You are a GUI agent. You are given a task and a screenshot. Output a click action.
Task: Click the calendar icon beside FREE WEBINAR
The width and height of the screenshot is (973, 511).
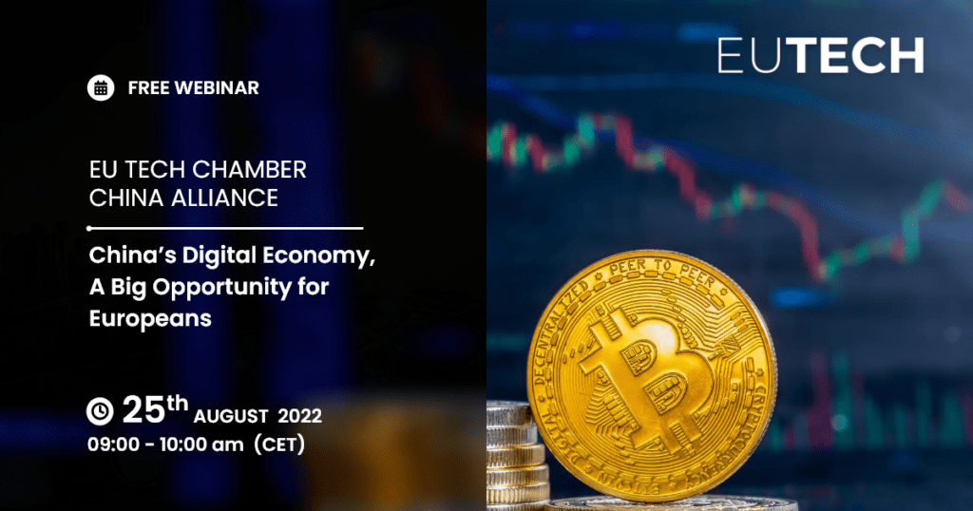101,88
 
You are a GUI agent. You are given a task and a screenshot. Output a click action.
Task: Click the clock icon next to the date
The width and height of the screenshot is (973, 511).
100,411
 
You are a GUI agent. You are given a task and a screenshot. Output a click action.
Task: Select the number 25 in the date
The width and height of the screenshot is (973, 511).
144,410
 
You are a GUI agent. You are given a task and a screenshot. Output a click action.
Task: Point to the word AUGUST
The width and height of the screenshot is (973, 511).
231,416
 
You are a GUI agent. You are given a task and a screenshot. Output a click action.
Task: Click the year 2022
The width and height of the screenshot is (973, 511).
299,416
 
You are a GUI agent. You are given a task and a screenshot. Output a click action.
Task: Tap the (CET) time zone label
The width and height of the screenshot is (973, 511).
280,444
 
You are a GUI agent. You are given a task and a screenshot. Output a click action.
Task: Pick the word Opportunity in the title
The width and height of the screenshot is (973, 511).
222,288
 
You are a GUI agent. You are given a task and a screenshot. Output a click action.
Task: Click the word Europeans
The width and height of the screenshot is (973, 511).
150,319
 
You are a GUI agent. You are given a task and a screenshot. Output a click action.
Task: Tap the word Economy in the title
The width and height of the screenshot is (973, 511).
319,255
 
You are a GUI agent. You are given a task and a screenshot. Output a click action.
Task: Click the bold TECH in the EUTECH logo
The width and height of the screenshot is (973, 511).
858,56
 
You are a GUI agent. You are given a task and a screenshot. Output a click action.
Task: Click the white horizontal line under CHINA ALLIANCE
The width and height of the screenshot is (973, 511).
225,228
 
